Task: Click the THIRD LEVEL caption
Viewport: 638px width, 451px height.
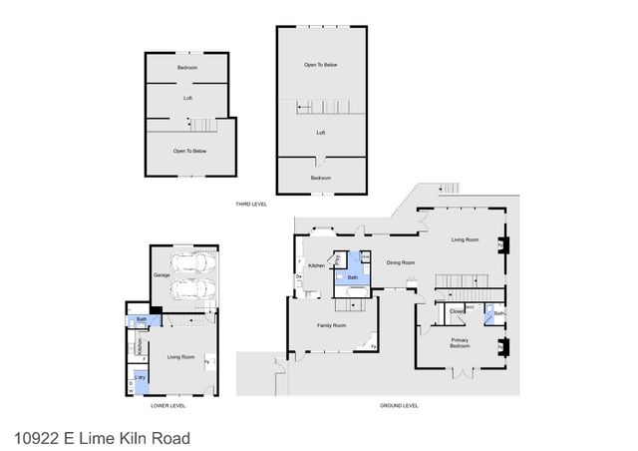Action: point(251,205)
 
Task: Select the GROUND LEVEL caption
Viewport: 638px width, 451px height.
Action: point(399,406)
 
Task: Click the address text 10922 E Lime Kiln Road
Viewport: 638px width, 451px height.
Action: point(103,437)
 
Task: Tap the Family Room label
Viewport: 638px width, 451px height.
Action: point(331,326)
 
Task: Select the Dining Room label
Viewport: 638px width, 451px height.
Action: point(400,262)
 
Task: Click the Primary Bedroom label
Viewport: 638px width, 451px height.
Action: point(460,343)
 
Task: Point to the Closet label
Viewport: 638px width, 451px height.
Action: point(456,311)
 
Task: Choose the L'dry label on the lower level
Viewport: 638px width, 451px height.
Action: point(141,377)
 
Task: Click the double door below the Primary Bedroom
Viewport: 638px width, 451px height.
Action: point(461,373)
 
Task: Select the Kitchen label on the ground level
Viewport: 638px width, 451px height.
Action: point(318,264)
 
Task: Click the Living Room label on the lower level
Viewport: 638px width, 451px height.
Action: point(180,356)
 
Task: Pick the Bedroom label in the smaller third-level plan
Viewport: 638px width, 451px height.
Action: point(187,68)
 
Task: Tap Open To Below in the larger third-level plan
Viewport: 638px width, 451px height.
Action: point(321,65)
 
